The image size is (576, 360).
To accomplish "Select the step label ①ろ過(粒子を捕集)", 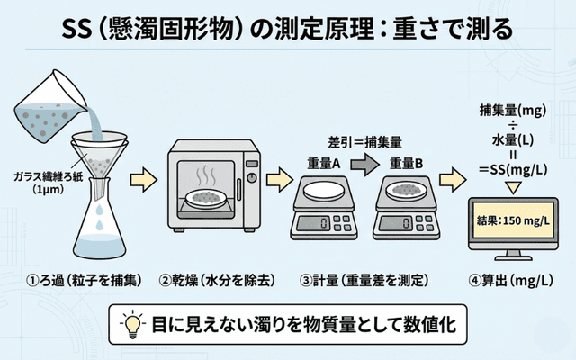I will point(72,280).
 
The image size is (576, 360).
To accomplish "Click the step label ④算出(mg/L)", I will point(509,280).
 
